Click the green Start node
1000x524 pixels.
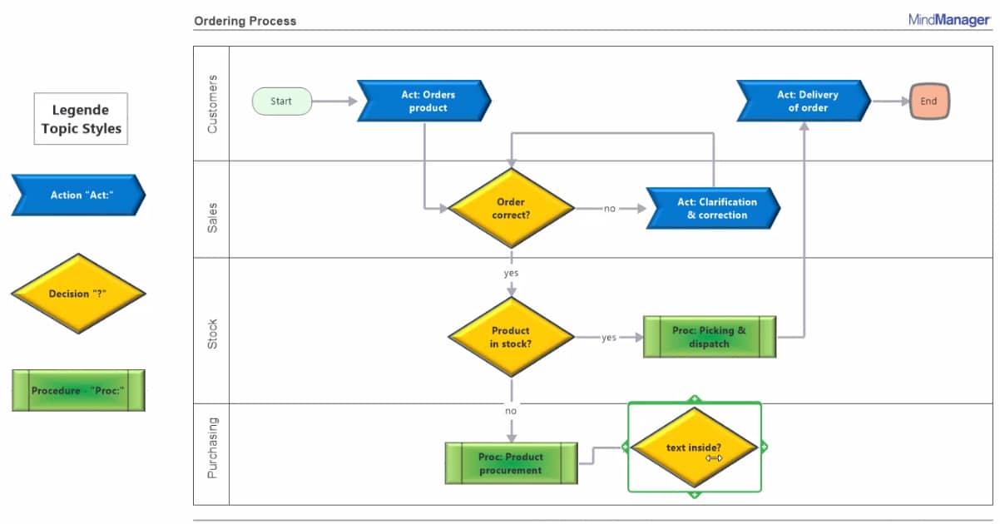pos(282,101)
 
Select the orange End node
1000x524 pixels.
pos(928,101)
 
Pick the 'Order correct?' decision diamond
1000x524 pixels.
pos(511,208)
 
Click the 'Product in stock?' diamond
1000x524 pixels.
pos(511,337)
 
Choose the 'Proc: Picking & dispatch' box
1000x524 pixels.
pos(710,337)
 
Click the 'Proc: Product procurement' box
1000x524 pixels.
pos(511,463)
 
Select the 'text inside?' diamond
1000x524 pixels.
pos(694,447)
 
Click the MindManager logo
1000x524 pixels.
pos(949,20)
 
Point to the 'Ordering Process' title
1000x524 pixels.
pos(245,21)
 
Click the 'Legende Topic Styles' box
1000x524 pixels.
pos(81,119)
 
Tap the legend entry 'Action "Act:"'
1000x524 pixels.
pos(78,195)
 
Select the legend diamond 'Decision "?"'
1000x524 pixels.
pos(78,294)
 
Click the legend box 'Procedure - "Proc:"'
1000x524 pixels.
pos(78,390)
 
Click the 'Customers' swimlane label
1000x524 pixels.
pos(212,104)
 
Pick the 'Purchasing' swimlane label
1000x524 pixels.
pos(212,447)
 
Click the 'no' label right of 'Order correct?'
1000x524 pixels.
pos(610,209)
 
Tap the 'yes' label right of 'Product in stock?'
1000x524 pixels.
pos(609,338)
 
